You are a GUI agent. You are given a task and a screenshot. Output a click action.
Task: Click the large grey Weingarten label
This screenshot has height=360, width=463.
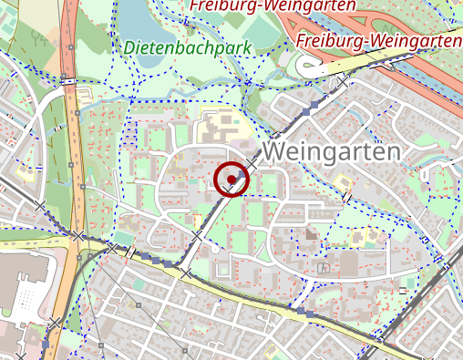[332, 150]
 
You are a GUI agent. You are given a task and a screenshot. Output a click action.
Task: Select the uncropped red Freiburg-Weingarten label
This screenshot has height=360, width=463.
[378, 41]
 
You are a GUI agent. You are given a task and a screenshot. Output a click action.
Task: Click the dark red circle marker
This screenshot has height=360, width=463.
[233, 179]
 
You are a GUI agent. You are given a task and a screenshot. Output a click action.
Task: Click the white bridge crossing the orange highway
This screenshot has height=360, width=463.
[70, 81]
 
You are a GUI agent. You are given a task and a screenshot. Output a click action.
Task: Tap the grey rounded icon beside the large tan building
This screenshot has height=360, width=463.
[322, 269]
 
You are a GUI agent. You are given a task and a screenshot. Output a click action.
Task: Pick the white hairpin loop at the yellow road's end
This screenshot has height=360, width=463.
[305, 67]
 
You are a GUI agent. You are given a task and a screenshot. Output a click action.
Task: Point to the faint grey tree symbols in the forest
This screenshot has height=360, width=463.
[41, 38]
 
